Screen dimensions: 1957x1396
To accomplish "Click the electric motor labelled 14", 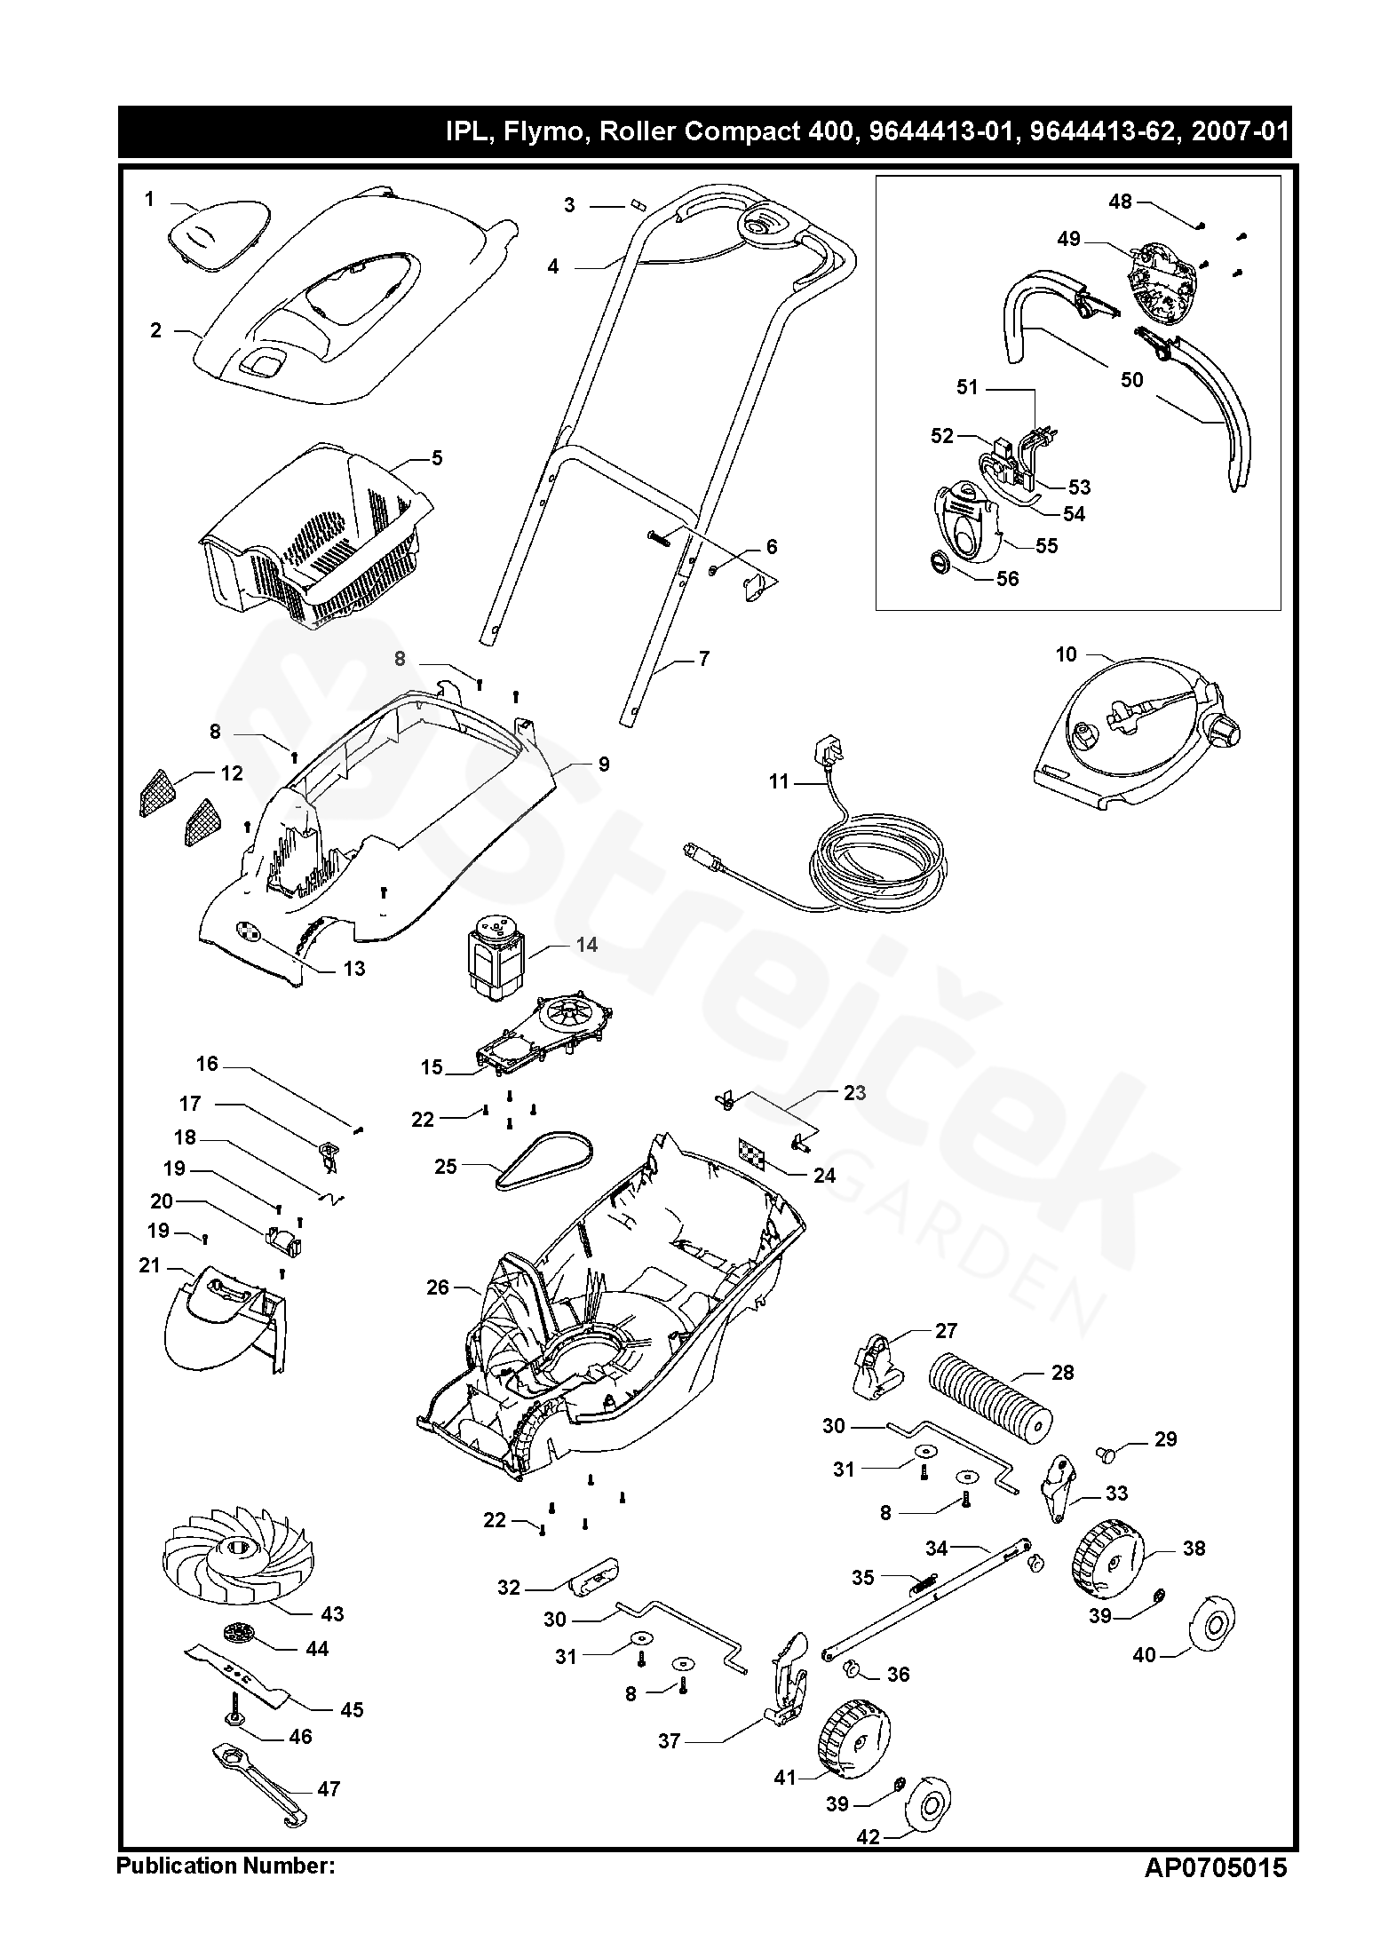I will [491, 961].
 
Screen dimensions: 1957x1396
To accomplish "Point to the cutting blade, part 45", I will [237, 1672].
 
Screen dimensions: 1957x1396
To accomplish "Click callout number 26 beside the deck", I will [438, 1287].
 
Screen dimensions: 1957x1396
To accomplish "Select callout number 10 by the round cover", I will [1066, 654].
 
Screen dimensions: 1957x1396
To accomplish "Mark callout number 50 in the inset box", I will [1131, 380].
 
